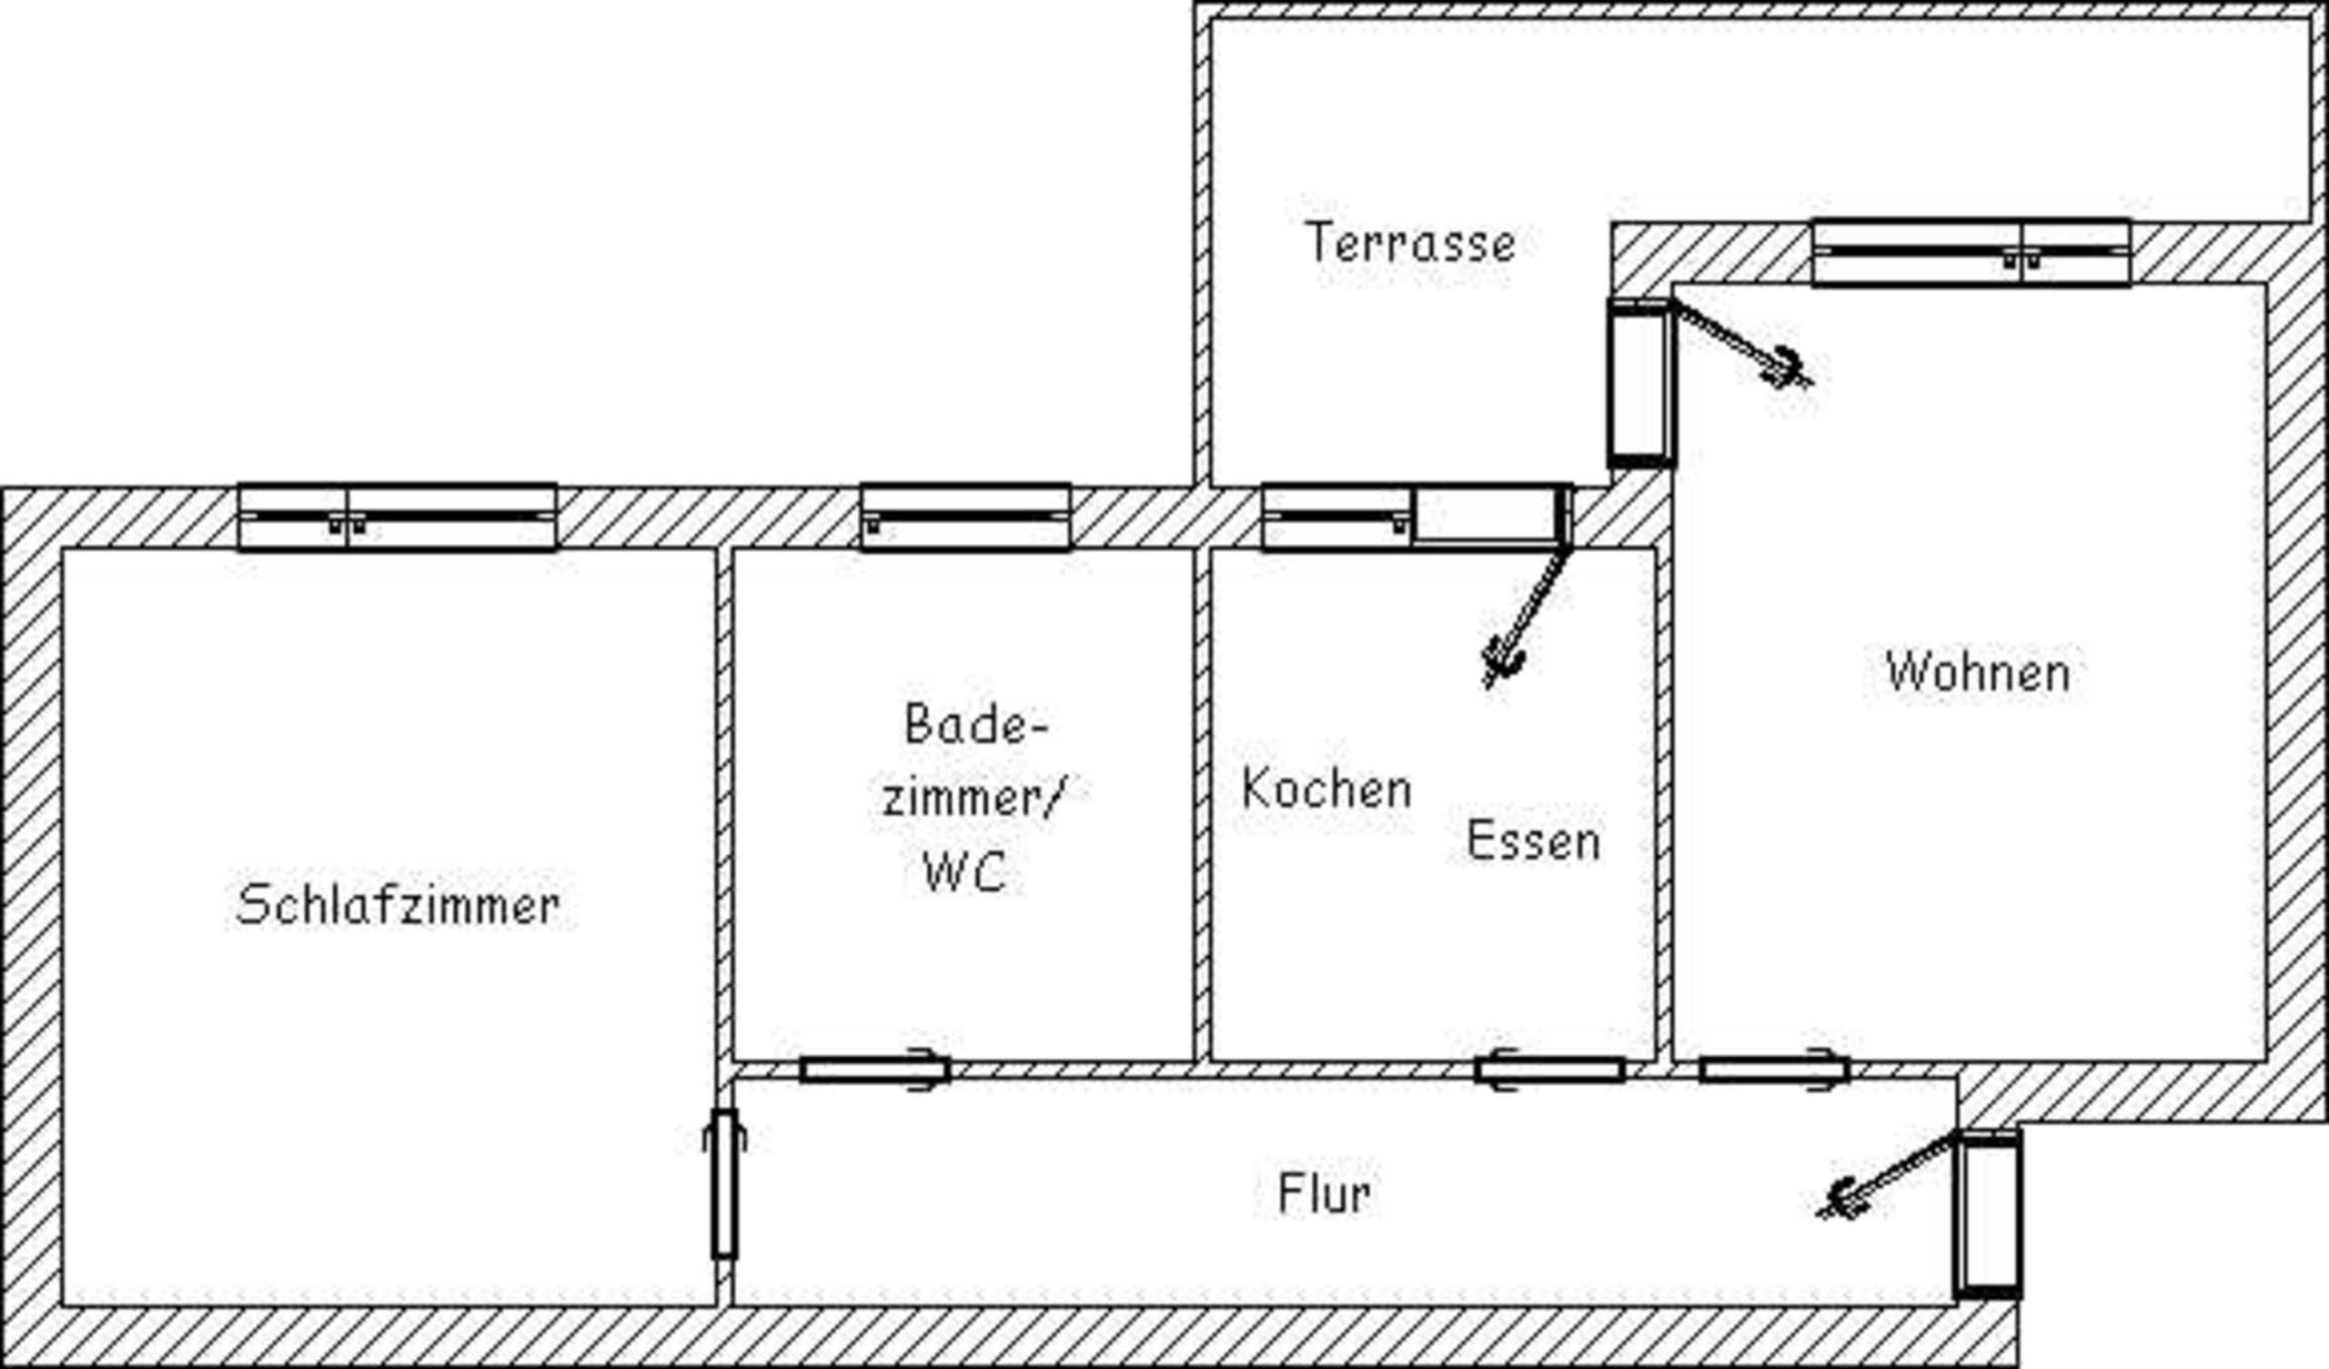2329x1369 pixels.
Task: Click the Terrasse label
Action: (1410, 243)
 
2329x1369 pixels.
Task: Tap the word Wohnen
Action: (1978, 672)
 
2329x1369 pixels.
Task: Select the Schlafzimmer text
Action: (398, 905)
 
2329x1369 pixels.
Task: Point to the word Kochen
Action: (1326, 790)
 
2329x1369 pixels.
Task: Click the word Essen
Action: (1533, 841)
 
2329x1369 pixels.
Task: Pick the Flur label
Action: (1324, 1193)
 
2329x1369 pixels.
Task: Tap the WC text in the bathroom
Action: (964, 871)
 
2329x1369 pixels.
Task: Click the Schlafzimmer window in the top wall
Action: (398, 517)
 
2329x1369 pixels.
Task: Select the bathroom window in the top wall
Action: (966, 517)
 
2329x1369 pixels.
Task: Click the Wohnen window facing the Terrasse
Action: (1971, 252)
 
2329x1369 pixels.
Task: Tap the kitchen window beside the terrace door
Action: (1336, 517)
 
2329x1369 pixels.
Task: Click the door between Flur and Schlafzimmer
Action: (724, 1184)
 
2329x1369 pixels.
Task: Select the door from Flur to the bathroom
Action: (874, 1071)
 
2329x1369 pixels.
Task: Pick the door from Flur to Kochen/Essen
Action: (1549, 1071)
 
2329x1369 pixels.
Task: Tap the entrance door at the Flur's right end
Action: (1987, 1213)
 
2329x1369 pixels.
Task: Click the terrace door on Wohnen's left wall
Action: (1640, 383)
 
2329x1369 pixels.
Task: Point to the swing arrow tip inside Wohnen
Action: (1790, 369)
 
